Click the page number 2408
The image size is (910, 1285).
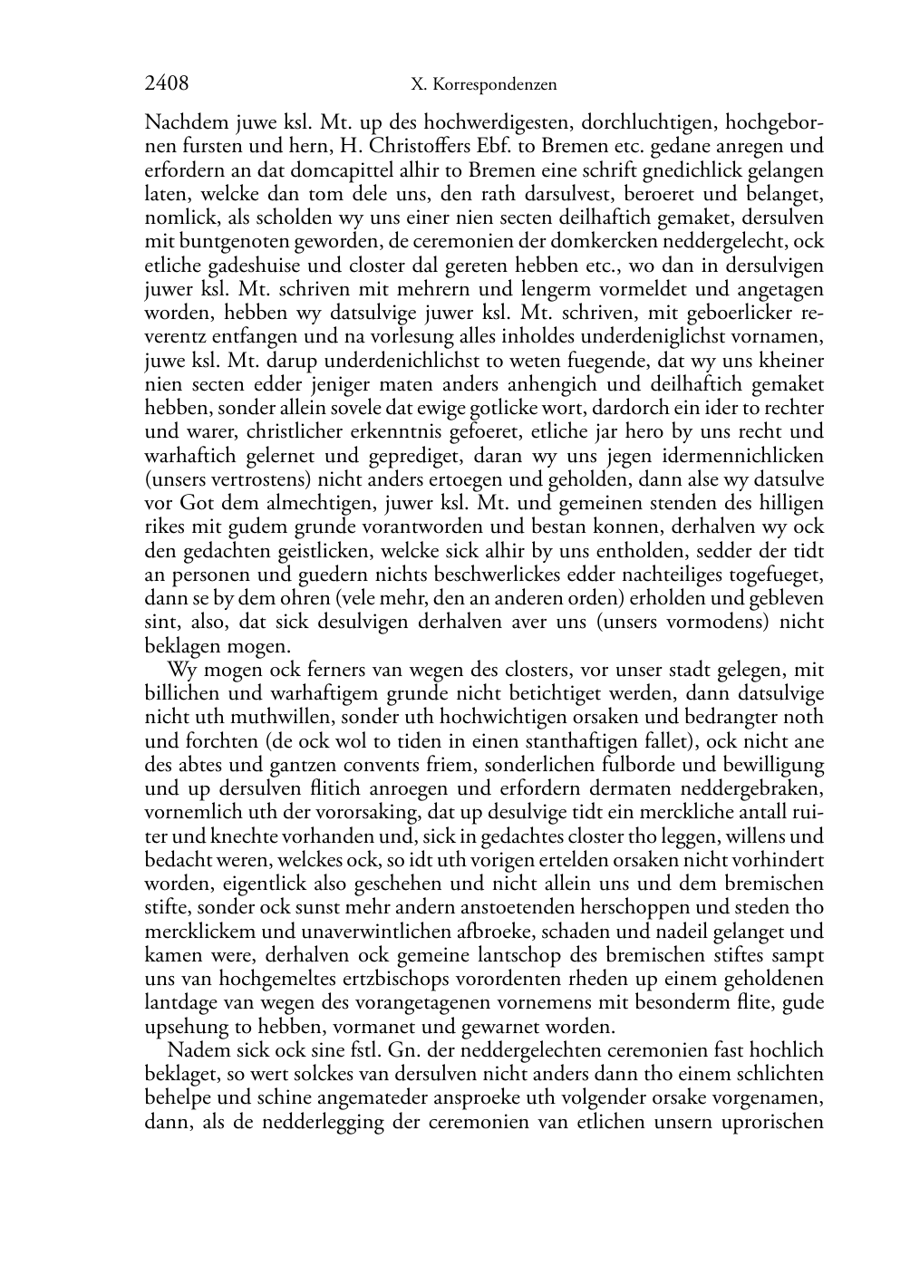pyautogui.click(x=167, y=84)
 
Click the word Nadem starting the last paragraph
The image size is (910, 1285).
pyautogui.click(x=193, y=1050)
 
